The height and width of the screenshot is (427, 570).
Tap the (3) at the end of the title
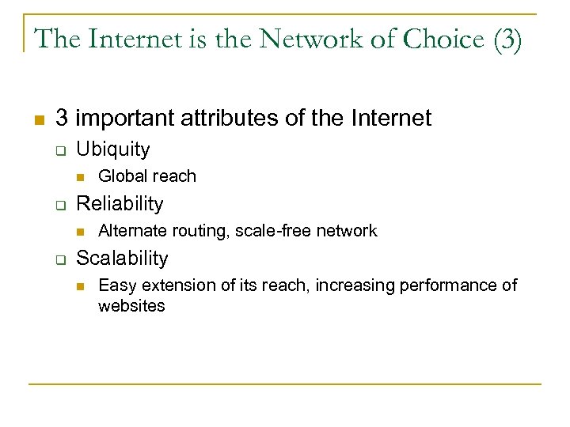coord(507,40)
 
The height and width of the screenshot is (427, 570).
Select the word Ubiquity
coord(112,149)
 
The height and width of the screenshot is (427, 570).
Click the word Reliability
coord(120,203)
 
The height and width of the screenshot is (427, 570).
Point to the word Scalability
coord(122,258)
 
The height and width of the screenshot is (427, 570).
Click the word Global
coord(121,176)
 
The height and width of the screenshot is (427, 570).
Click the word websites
coord(131,305)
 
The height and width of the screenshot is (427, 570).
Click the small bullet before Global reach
coord(80,176)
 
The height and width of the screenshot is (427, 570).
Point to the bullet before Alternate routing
coord(80,232)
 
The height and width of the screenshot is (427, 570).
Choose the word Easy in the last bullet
coord(115,285)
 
